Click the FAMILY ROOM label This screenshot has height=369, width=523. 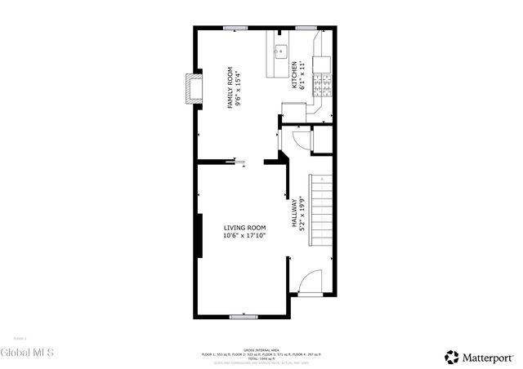click(230, 88)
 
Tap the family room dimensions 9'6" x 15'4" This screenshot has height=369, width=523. click(238, 88)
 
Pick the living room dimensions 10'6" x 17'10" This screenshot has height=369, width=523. click(244, 236)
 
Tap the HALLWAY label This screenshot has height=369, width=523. click(294, 214)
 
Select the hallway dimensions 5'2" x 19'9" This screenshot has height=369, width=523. click(302, 214)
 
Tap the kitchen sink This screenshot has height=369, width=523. click(279, 49)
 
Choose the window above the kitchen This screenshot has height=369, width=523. click(306, 29)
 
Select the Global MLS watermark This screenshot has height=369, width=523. click(27, 353)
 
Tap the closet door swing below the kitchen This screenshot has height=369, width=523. click(300, 139)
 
